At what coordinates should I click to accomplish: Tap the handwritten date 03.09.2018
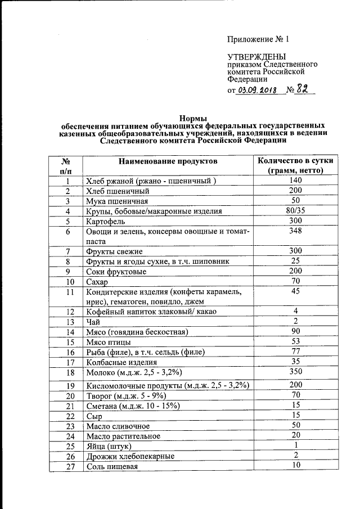(x=259, y=91)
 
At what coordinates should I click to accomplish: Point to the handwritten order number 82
(x=304, y=89)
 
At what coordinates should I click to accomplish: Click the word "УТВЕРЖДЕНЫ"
(x=256, y=57)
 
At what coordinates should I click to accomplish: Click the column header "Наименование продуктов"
(x=167, y=161)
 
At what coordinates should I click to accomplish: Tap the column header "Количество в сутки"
(x=295, y=161)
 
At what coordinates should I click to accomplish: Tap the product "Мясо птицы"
(x=109, y=343)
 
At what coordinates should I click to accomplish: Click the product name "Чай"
(x=92, y=322)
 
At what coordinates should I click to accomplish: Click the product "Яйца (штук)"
(x=110, y=447)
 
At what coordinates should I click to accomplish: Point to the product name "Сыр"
(x=93, y=417)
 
